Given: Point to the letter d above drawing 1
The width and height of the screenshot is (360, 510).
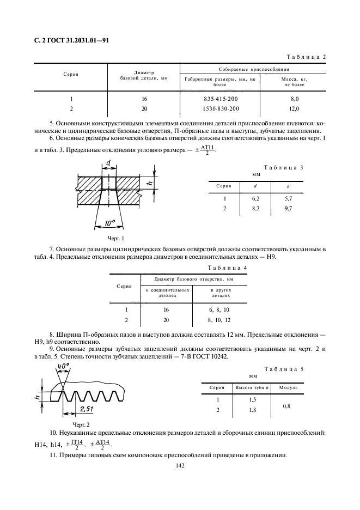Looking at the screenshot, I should click(x=108, y=163).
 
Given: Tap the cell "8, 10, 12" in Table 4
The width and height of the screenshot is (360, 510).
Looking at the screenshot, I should click(x=221, y=319).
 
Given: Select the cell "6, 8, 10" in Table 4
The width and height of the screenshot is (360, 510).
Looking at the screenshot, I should click(x=221, y=309).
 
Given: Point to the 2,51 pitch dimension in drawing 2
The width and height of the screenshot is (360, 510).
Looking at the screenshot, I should click(x=87, y=409).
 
